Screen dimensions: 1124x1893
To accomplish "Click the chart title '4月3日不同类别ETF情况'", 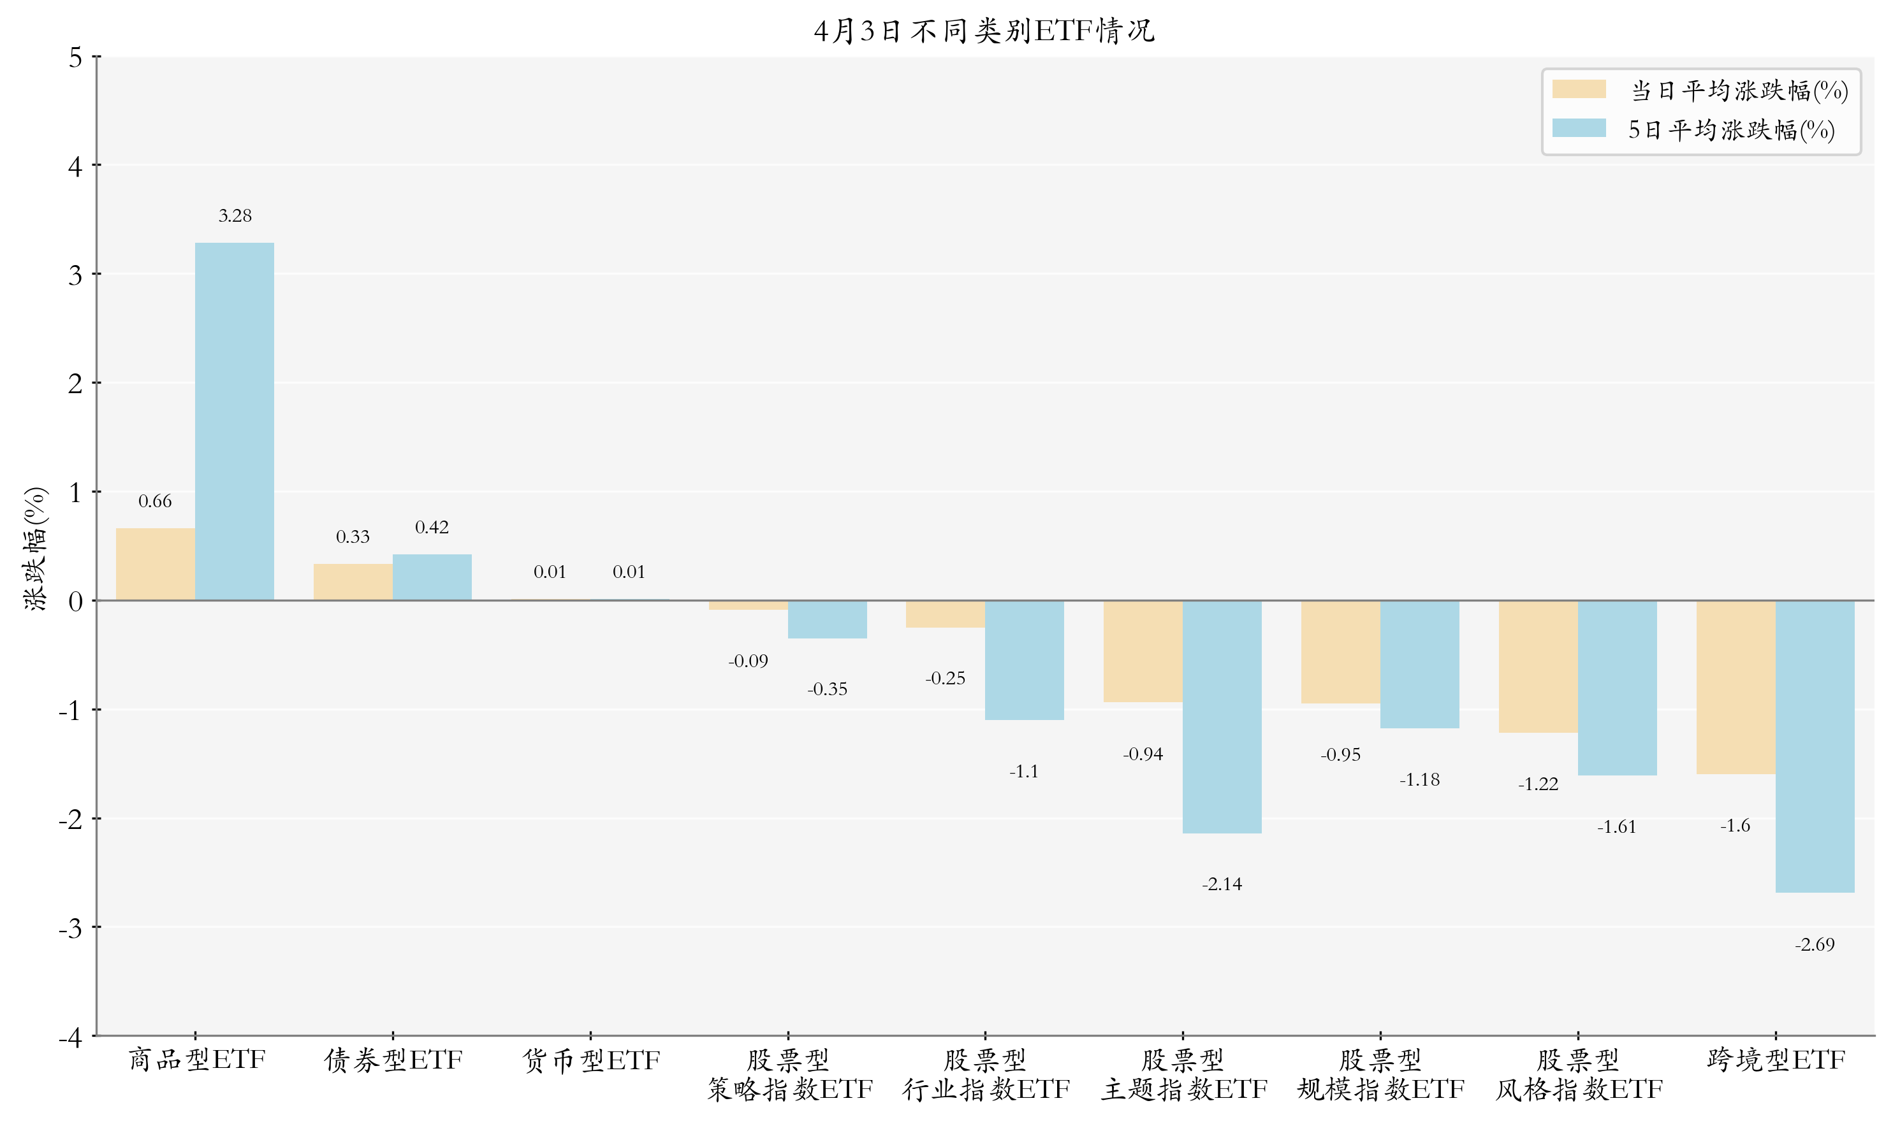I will point(984,31).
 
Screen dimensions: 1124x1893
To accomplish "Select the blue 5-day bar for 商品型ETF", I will point(234,421).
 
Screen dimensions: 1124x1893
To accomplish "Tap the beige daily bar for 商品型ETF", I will point(156,565).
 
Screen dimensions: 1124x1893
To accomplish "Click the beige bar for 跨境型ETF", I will point(1736,687).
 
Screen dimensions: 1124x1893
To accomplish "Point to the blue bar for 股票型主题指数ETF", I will point(1222,716).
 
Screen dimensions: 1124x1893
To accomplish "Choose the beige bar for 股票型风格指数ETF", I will point(1538,666).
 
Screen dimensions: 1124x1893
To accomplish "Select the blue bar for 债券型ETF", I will point(432,577).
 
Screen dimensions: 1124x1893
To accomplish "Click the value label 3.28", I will point(235,216).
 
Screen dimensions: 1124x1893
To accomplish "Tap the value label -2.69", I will point(1814,944).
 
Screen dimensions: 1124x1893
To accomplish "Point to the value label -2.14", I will point(1222,884).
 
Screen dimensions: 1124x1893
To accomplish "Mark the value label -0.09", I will point(748,661).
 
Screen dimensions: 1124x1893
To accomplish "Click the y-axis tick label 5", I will point(75,57).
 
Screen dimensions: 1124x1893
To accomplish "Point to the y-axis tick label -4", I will point(71,1036).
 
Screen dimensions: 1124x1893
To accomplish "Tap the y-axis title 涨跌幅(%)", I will point(35,549).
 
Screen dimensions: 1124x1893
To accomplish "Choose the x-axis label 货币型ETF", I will point(591,1060).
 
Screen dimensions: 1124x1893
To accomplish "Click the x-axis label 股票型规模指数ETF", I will point(1380,1074).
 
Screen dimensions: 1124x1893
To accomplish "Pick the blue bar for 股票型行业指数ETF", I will point(1024,659).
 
